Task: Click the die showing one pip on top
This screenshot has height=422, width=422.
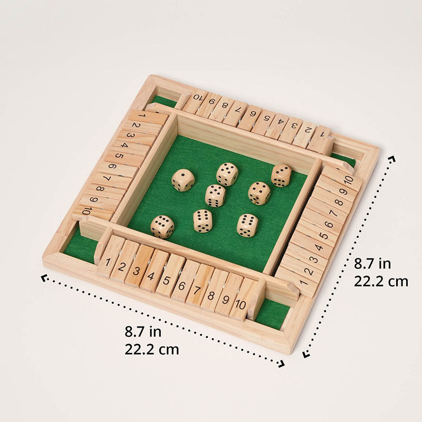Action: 183,179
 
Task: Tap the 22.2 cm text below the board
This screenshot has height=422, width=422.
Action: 152,349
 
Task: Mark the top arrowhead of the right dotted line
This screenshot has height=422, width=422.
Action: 392,158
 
